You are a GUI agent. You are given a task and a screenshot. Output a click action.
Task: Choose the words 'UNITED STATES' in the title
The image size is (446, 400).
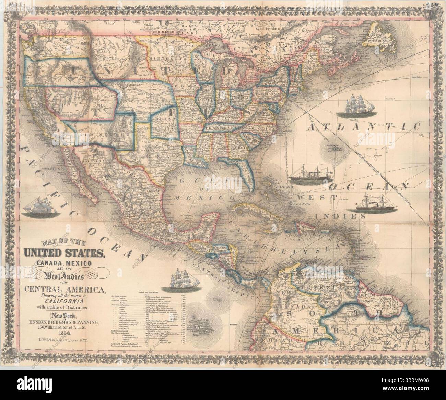[x=63, y=254]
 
